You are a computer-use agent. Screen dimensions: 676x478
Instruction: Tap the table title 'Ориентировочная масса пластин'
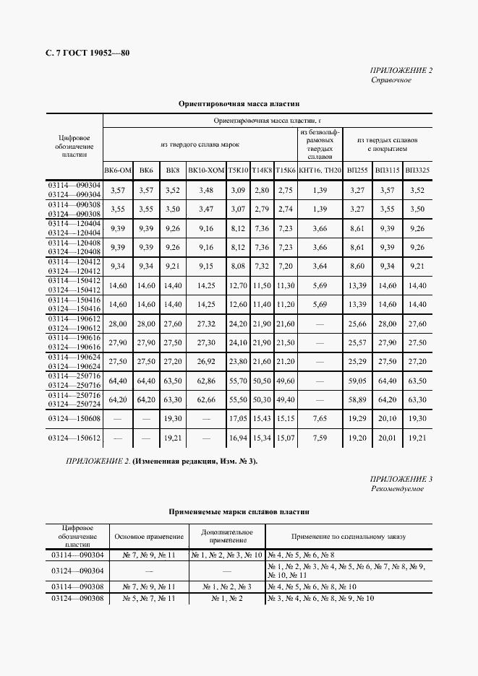coord(239,104)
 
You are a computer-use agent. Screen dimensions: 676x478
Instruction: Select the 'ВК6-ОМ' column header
coord(118,170)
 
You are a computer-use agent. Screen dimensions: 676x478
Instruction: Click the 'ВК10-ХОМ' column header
coord(206,170)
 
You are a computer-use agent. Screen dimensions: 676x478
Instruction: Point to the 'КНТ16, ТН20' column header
coord(320,170)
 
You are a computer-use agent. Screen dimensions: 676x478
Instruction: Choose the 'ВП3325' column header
coord(417,170)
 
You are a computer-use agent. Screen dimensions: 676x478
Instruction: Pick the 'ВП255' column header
coord(357,170)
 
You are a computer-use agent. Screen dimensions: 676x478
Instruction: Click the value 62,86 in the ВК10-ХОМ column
coord(206,379)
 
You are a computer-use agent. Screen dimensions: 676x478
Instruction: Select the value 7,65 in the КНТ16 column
coord(320,418)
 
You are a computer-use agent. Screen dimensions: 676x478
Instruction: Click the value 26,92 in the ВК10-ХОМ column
coord(206,360)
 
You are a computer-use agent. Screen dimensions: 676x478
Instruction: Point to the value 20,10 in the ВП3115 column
coord(388,418)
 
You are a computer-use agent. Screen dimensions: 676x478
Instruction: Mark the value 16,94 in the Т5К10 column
coord(238,438)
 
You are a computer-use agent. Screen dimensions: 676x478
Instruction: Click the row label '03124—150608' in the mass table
coord(74,418)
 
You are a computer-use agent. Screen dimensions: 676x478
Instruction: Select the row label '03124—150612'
coord(74,438)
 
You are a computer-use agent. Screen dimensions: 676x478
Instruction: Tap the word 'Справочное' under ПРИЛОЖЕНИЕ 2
coord(391,80)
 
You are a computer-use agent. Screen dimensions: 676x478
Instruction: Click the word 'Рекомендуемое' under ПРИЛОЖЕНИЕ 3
coord(397,489)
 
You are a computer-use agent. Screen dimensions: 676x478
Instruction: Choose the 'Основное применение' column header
coord(148,537)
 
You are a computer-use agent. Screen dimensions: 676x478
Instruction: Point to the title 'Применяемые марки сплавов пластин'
coord(239,511)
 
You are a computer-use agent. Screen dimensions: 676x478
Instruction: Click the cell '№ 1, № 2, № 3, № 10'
coord(227,555)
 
